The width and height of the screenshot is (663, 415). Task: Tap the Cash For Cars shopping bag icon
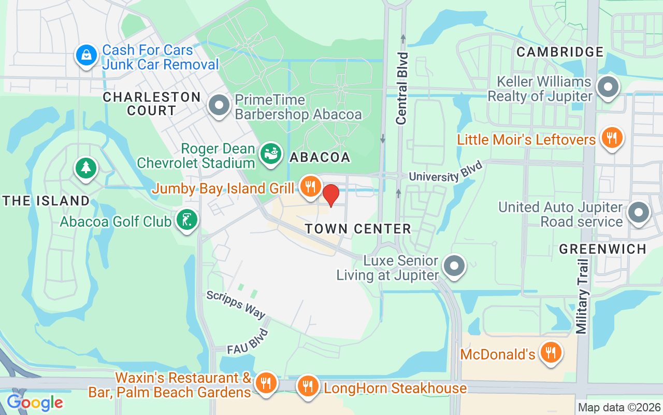click(87, 55)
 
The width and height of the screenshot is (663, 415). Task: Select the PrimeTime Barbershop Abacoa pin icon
click(219, 105)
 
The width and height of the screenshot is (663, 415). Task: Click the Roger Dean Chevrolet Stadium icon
click(270, 154)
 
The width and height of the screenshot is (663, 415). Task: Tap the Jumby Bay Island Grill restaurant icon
click(311, 186)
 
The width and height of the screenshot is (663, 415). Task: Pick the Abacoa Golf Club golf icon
click(187, 220)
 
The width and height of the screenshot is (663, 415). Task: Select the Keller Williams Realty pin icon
click(608, 87)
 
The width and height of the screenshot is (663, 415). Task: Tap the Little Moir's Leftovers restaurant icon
click(612, 138)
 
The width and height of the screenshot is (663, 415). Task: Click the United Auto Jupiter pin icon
click(638, 213)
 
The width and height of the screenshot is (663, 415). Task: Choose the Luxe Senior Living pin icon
click(455, 266)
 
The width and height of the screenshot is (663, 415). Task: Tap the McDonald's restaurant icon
click(551, 353)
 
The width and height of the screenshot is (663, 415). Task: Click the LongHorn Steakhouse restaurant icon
click(308, 386)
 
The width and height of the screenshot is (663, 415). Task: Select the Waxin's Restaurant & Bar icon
click(266, 383)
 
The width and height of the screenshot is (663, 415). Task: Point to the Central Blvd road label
click(402, 88)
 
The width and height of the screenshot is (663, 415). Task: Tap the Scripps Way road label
click(236, 305)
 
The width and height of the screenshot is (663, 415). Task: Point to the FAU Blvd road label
click(249, 342)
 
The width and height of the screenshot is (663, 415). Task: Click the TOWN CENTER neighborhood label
click(357, 229)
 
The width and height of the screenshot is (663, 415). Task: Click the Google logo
click(35, 402)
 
